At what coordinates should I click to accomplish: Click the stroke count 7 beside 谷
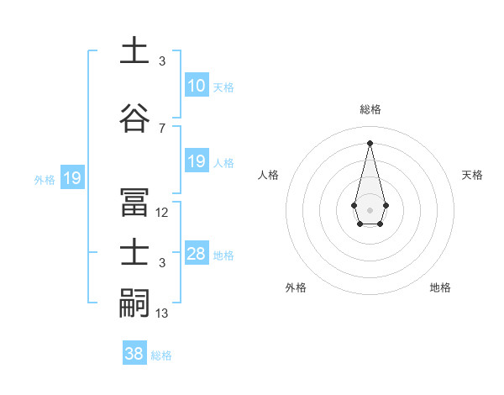pyautogui.click(x=162, y=128)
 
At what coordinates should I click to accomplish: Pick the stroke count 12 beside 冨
pyautogui.click(x=162, y=213)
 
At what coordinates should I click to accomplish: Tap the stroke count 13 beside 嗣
pyautogui.click(x=162, y=313)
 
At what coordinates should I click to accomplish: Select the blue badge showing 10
pyautogui.click(x=196, y=86)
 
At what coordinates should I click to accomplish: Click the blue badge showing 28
pyautogui.click(x=196, y=254)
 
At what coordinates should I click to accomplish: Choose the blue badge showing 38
pyautogui.click(x=134, y=354)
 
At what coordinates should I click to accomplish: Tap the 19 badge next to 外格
pyautogui.click(x=71, y=178)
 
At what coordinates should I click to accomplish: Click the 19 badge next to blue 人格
pyautogui.click(x=196, y=161)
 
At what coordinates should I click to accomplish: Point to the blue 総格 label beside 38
pyautogui.click(x=161, y=355)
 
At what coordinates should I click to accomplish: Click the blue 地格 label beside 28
pyautogui.click(x=223, y=255)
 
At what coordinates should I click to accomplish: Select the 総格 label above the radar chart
pyautogui.click(x=370, y=109)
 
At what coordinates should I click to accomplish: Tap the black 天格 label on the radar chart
pyautogui.click(x=473, y=175)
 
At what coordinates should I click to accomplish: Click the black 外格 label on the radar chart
pyautogui.click(x=296, y=288)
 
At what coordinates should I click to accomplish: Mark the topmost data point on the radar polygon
pyautogui.click(x=370, y=142)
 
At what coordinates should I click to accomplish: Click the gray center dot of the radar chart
pyautogui.click(x=370, y=208)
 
